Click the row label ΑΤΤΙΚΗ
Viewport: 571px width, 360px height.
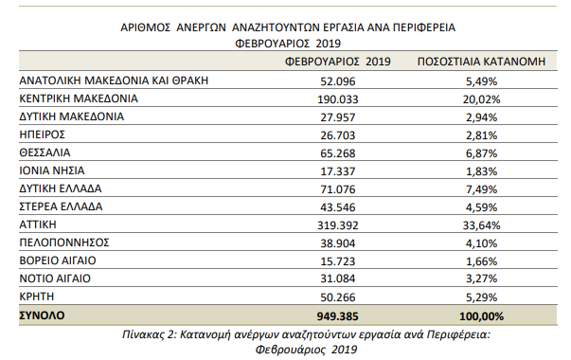[39, 224]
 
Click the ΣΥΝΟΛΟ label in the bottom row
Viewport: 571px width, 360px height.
[45, 315]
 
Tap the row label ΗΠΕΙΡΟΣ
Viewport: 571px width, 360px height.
[43, 134]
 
